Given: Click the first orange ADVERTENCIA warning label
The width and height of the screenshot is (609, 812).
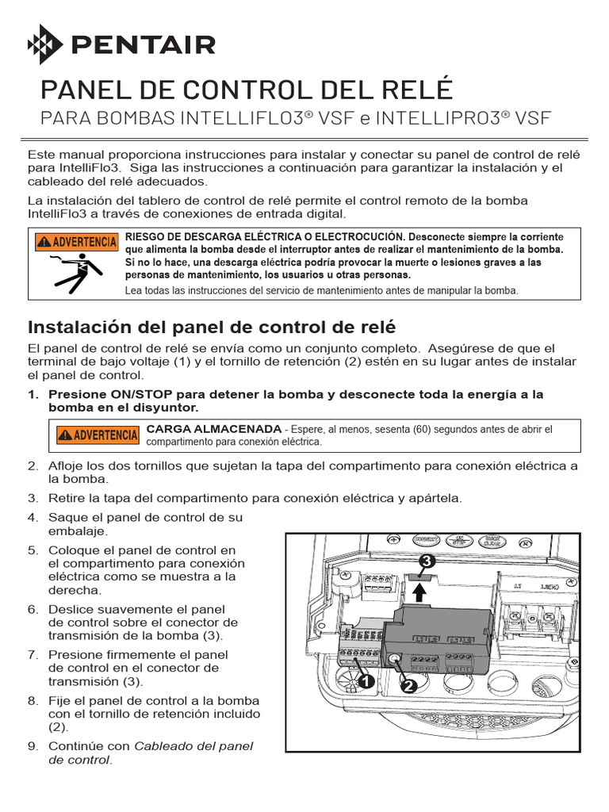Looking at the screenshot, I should click(x=75, y=241).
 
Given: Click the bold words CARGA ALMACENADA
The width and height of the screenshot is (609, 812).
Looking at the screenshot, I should click(x=214, y=429).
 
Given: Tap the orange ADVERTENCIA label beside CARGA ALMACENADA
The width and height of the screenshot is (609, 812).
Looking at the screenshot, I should click(x=97, y=435).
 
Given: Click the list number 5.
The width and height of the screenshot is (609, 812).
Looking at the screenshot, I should click(x=33, y=550).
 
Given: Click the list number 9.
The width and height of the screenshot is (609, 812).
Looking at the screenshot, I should click(x=33, y=746).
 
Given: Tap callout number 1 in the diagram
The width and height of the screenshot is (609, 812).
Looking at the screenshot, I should click(x=366, y=681).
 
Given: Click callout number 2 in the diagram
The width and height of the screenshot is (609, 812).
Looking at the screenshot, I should click(x=410, y=687).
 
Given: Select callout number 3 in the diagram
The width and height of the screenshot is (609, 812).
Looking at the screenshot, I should click(x=427, y=561).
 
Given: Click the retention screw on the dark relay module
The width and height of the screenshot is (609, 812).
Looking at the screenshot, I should click(x=394, y=657).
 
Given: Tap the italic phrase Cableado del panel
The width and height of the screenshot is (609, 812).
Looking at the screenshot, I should click(x=194, y=746).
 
